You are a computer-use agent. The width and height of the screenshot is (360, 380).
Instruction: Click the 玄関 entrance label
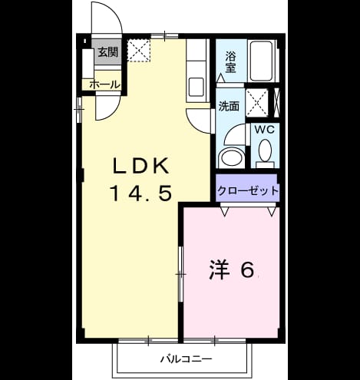tap(108, 52)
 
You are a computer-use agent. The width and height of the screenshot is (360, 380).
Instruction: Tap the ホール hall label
tap(104, 84)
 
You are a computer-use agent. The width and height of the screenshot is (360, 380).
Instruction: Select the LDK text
tap(141, 166)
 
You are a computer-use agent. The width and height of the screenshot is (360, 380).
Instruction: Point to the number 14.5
tap(140, 193)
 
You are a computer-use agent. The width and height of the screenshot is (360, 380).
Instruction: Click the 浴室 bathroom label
tap(230, 62)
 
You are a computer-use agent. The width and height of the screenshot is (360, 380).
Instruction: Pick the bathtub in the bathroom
tap(261, 61)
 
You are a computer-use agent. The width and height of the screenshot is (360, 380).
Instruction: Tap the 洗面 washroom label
tap(229, 106)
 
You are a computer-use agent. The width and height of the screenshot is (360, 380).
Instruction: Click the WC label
tap(265, 130)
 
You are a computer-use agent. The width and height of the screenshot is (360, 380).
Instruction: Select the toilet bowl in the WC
tap(265, 150)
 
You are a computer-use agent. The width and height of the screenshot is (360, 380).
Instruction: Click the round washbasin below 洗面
tap(232, 157)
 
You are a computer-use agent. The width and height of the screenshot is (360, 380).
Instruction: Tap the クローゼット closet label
tap(247, 190)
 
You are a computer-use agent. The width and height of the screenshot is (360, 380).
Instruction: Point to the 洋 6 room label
tap(232, 270)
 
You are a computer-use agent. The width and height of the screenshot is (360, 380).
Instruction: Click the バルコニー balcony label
tap(186, 359)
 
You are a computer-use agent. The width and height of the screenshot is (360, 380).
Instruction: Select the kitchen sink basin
tap(197, 87)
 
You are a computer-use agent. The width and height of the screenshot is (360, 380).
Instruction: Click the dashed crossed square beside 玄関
tap(139, 51)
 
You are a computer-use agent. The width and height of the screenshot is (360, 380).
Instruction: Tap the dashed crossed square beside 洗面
tap(257, 103)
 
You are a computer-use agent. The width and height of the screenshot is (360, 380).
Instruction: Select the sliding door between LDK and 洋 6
tap(181, 274)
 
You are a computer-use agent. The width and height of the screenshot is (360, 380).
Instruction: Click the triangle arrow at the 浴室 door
tap(220, 78)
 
